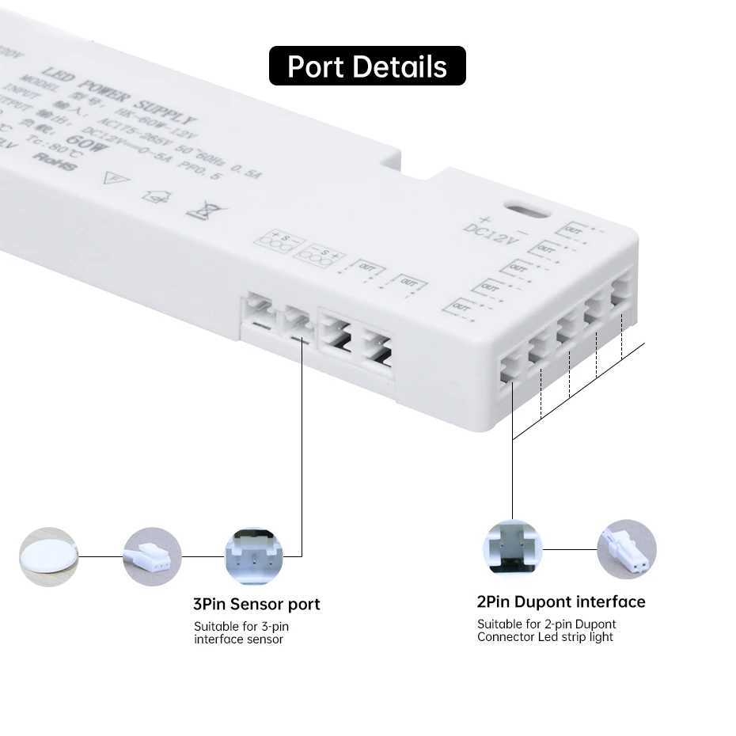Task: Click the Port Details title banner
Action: pos(367,66)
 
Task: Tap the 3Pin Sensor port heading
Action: pos(256,605)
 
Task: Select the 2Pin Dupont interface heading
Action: pos(561,602)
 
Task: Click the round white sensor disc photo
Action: pos(49,557)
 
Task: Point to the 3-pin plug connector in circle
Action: pos(152,557)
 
